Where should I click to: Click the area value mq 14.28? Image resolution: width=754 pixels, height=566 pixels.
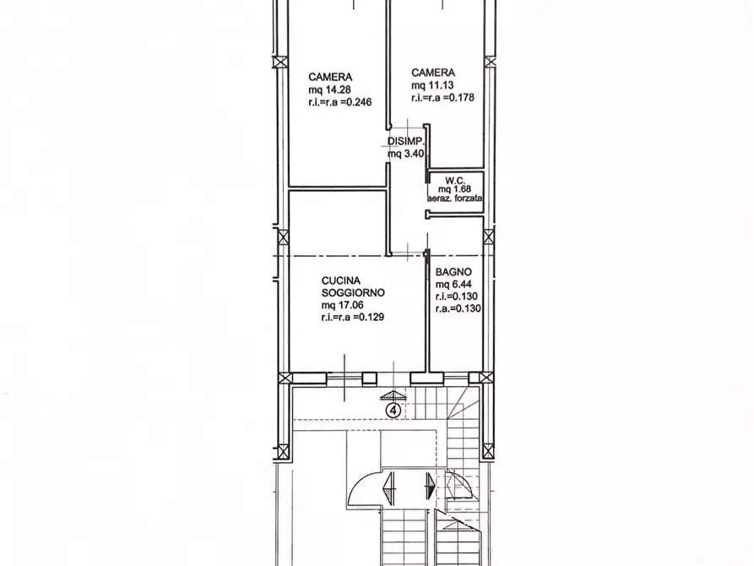point(330,90)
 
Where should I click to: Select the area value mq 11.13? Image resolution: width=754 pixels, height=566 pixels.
point(432,85)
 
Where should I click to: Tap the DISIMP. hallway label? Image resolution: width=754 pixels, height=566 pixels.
point(406,142)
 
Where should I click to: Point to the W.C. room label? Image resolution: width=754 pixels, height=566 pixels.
point(455,181)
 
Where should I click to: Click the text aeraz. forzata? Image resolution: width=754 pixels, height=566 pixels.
point(455,198)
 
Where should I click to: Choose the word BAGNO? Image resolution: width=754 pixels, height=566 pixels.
point(453,272)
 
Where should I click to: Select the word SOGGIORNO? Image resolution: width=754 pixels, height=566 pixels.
point(353,292)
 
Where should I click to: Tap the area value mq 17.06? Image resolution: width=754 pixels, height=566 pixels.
point(342,305)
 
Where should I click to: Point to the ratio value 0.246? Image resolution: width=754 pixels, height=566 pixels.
point(359,102)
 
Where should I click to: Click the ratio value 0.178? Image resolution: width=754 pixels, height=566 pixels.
point(462,98)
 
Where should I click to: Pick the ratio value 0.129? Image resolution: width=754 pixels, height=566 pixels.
point(372,317)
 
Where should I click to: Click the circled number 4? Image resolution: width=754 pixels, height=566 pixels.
point(393,411)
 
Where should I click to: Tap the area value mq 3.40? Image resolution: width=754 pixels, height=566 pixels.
point(406,154)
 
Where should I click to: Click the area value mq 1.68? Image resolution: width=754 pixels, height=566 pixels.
point(454,189)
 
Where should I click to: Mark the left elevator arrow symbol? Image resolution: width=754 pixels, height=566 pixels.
point(388,488)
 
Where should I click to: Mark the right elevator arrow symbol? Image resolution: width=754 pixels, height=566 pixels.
point(431,486)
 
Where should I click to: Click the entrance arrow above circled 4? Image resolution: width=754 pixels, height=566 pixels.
point(393,396)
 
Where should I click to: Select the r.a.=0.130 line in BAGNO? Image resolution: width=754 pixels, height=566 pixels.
point(458,309)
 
